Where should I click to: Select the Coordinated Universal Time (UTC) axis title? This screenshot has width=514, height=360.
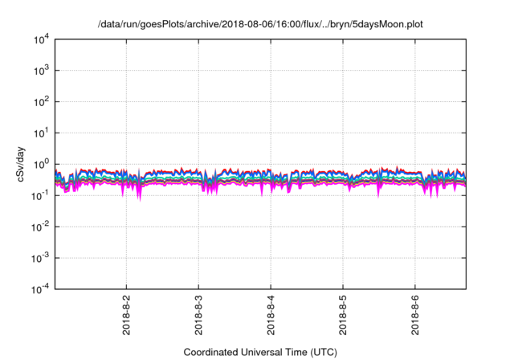pyautogui.click(x=259, y=352)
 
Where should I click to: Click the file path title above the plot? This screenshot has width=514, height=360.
pyautogui.click(x=259, y=25)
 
